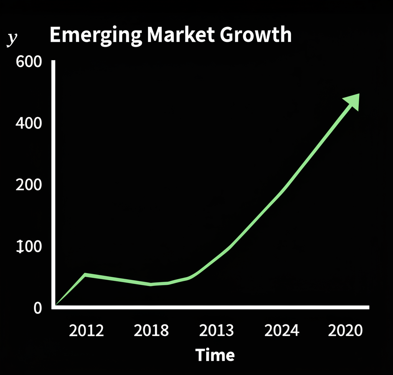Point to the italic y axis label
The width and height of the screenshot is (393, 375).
pos(13,39)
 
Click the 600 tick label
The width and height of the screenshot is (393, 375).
pos(29,62)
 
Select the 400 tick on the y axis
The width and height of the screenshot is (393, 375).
pos(29,123)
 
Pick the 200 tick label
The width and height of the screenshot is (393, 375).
pos(29,185)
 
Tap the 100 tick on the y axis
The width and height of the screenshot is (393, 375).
pos(29,247)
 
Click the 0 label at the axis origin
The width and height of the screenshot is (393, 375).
pos(37,308)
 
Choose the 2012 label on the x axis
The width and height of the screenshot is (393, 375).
pos(86,330)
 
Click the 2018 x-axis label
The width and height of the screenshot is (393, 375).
pos(151,330)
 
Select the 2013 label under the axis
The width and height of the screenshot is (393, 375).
pos(216,330)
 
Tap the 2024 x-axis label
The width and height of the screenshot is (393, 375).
pos(281,330)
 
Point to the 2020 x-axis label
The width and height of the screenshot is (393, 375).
pos(345,330)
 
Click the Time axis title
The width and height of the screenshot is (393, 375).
pos(215,355)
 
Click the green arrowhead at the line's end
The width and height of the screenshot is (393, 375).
pos(352,101)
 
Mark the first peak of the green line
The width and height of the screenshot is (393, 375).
pos(85,275)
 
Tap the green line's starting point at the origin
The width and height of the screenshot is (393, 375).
pos(57,305)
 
